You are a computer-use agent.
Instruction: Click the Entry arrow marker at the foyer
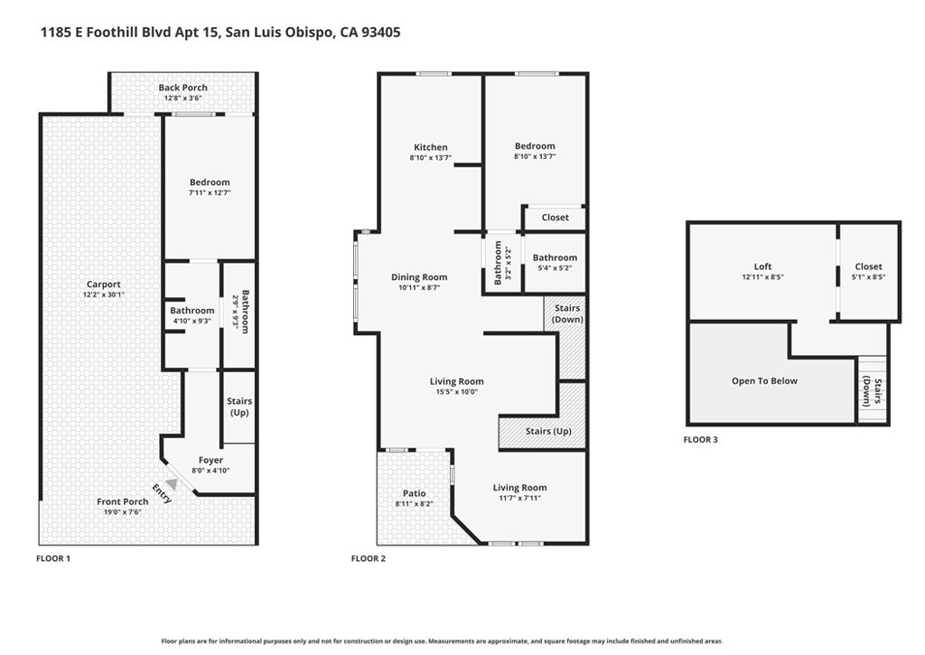point(170,484)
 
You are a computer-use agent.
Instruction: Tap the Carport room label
point(103,285)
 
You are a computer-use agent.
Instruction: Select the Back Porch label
point(182,88)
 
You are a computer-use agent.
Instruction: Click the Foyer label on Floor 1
point(210,461)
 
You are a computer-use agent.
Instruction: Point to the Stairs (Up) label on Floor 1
point(239,407)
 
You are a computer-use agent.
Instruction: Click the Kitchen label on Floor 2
point(430,147)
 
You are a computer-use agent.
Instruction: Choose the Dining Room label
point(419,277)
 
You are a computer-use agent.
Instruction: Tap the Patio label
point(414,492)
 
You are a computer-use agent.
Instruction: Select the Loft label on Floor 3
point(763,267)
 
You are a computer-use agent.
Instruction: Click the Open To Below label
point(764,381)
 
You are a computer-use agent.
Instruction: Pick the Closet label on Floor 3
point(868,267)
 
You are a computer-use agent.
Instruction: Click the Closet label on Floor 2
point(555,218)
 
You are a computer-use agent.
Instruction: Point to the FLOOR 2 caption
point(369,558)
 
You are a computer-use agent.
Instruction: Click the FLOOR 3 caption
point(701,440)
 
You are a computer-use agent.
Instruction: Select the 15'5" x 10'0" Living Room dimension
point(457,392)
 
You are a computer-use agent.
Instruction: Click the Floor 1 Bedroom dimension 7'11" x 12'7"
point(210,192)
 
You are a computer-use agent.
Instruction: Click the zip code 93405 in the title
point(381,33)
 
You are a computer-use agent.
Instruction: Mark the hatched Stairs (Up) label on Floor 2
point(548,432)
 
